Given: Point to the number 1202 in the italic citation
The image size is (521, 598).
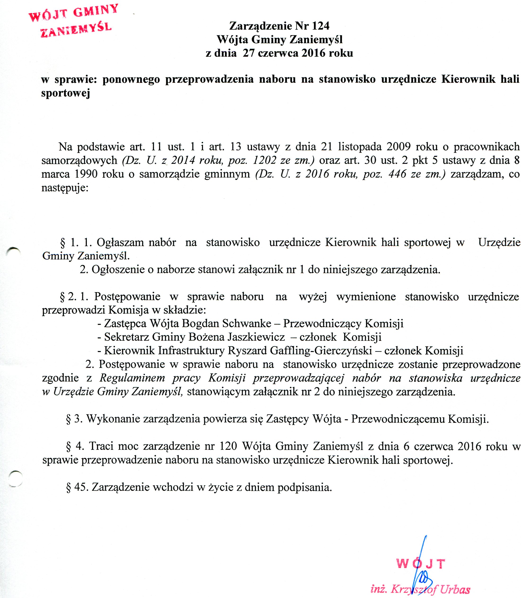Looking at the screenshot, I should pos(265,161).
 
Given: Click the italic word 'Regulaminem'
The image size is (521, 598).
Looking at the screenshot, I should pos(132,378).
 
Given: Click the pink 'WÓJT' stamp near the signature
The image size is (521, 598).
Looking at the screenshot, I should pos(420,564).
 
